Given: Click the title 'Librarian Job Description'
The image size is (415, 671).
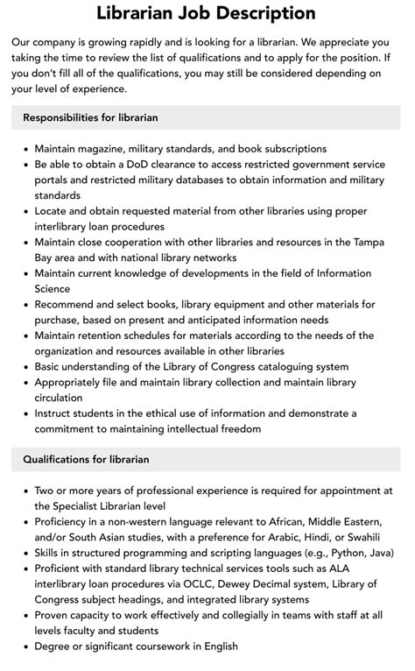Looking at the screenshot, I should click(207, 13).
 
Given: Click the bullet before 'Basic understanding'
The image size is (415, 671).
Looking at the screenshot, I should click(24, 367).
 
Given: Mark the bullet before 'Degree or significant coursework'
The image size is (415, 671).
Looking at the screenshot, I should click(24, 646).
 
